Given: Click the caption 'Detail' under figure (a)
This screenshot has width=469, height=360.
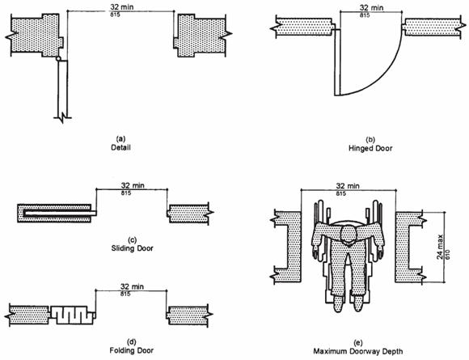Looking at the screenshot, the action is click(x=120, y=147).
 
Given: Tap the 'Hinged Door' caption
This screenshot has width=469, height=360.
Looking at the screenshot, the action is click(x=370, y=148).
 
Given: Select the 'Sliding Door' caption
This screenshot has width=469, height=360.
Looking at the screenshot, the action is click(x=132, y=248).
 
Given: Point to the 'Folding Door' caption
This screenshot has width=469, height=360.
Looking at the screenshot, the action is click(x=132, y=350).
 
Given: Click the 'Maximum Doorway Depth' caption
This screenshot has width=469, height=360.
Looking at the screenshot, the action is click(x=358, y=351).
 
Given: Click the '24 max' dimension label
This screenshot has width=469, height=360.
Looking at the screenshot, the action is click(x=441, y=247).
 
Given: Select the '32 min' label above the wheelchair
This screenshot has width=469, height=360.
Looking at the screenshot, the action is click(x=347, y=186).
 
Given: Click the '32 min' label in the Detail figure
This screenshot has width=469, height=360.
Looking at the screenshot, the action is click(x=122, y=7).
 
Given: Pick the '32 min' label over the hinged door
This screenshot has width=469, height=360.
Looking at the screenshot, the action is click(x=371, y=7).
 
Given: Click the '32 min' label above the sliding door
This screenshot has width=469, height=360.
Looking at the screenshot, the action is click(x=133, y=185).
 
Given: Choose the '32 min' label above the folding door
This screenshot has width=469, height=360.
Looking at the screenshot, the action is click(x=132, y=286).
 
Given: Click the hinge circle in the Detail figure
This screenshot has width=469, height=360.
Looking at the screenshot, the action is click(x=58, y=59).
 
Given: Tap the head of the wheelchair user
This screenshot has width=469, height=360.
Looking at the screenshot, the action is click(x=348, y=234).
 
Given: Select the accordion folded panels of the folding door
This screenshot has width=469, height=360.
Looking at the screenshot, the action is click(x=71, y=315).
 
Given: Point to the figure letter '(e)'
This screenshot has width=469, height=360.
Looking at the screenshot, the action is click(x=357, y=343).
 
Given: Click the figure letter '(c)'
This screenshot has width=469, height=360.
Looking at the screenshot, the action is click(x=132, y=240).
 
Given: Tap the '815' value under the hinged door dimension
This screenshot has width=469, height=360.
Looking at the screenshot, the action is click(x=365, y=15).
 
